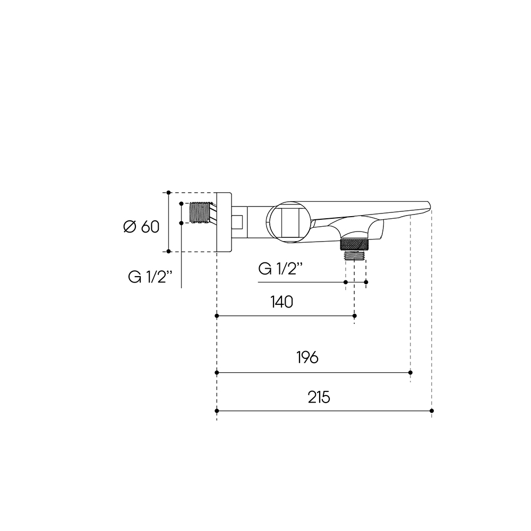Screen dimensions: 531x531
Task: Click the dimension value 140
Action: click(x=282, y=302)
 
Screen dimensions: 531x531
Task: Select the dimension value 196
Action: click(x=307, y=357)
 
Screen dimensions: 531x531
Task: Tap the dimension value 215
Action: click(x=319, y=397)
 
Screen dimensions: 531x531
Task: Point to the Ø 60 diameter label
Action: click(x=141, y=227)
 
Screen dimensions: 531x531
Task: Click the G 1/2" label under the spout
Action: click(x=280, y=269)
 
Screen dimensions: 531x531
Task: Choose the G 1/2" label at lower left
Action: click(x=150, y=277)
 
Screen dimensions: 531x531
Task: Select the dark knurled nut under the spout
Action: click(x=354, y=244)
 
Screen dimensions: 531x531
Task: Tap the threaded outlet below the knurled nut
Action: click(x=355, y=255)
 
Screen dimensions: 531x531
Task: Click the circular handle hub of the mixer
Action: click(x=288, y=222)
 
